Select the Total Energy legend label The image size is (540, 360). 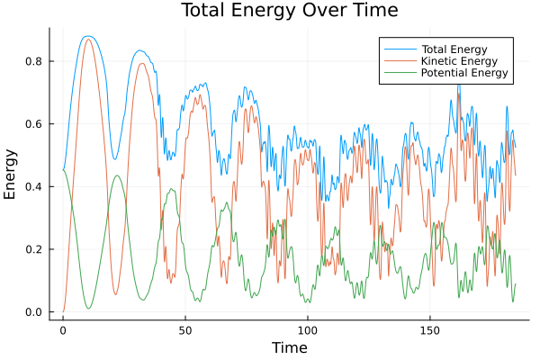pos(449,47)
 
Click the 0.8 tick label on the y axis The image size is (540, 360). pos(35,61)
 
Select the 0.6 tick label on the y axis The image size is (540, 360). pos(35,123)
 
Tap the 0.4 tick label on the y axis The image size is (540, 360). pos(35,186)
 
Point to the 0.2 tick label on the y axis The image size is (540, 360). pos(35,249)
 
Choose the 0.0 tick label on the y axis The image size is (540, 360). pos(35,312)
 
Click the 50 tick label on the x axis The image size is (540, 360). pos(185,329)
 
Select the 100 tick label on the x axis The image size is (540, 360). pos(307,329)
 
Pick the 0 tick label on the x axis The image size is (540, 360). pos(63,329)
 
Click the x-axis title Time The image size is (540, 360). pos(289,347)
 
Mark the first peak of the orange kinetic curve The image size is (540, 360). pos(87,39)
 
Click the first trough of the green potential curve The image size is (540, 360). pos(88,309)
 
